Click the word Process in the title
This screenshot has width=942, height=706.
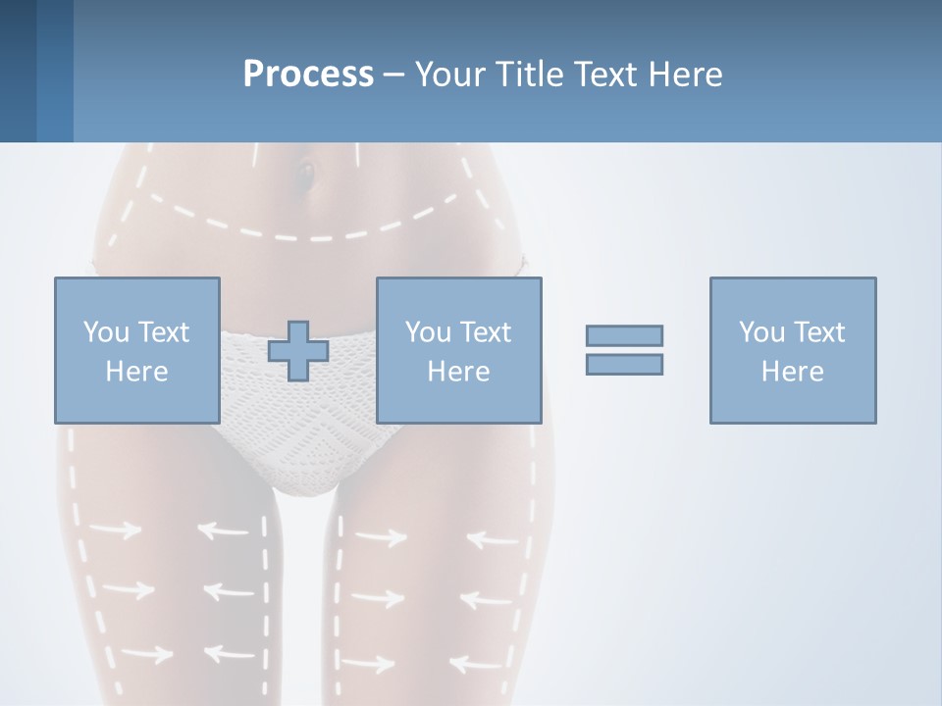[308, 74]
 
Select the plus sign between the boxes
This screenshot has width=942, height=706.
[298, 350]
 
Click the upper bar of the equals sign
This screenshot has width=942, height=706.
[624, 335]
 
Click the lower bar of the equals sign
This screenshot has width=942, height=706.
[624, 364]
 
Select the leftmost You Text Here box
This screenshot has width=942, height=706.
[136, 350]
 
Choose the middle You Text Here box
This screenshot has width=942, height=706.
[458, 350]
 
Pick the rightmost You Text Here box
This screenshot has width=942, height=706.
[792, 350]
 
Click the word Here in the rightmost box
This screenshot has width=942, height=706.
[792, 372]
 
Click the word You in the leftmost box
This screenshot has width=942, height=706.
[104, 332]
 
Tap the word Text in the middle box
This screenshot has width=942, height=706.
[486, 332]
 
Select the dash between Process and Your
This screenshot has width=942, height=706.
[393, 75]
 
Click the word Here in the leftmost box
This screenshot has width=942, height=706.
[136, 372]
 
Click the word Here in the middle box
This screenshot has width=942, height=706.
[458, 372]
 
